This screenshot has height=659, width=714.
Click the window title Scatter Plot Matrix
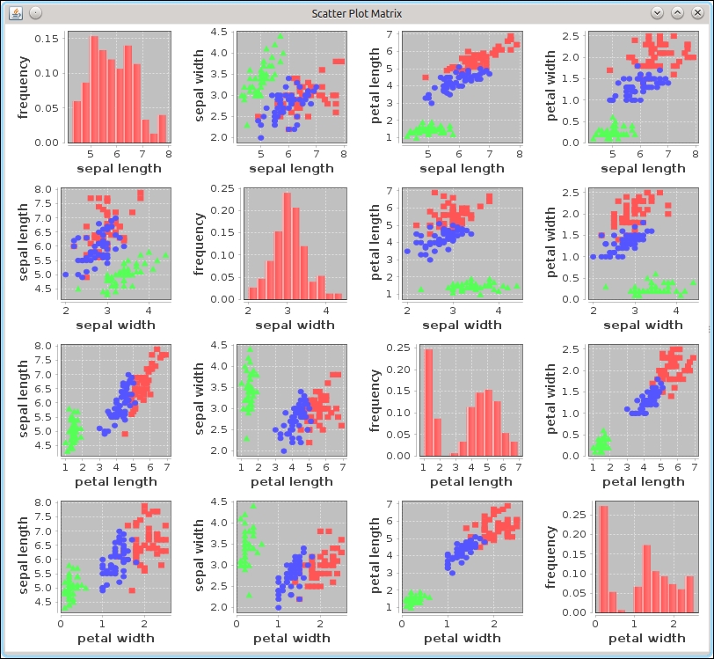[356, 12]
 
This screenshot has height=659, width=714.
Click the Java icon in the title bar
[14, 12]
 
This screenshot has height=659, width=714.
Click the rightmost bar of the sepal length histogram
[162, 129]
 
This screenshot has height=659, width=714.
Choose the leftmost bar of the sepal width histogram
[252, 293]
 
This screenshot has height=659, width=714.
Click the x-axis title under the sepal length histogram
[119, 168]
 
